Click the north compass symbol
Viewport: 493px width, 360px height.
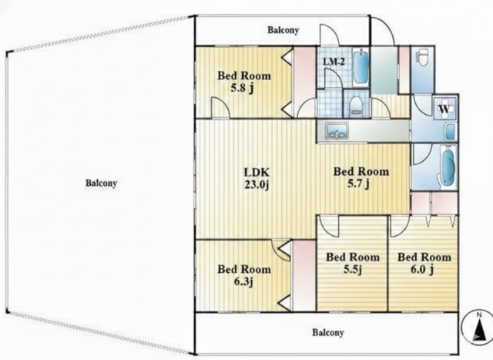click(x=478, y=327)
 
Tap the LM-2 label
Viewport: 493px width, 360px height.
click(x=334, y=62)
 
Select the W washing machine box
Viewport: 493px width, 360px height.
click(x=444, y=109)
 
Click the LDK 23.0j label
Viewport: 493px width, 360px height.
click(x=257, y=178)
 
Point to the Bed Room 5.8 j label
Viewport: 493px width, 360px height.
click(x=244, y=82)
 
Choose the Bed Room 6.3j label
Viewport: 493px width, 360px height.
click(x=244, y=276)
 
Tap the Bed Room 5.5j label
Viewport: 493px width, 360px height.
click(x=353, y=264)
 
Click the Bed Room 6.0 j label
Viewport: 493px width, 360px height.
click(x=424, y=264)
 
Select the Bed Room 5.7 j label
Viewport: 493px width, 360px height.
click(x=361, y=178)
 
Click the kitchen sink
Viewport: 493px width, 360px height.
click(x=337, y=130)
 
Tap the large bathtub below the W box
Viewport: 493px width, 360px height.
click(x=448, y=167)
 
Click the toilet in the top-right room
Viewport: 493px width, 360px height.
click(x=421, y=59)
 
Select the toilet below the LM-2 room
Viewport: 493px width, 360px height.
click(x=356, y=106)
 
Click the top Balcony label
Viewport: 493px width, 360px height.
click(x=283, y=30)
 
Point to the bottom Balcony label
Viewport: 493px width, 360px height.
click(x=328, y=332)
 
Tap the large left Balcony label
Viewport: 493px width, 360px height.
click(x=101, y=183)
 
